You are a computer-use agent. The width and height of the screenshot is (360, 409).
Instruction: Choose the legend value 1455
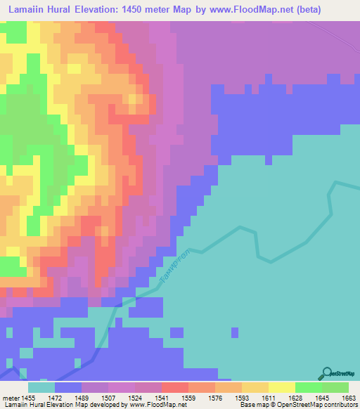coord(28,398)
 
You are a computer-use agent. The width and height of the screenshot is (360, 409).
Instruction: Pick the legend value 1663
coord(348,398)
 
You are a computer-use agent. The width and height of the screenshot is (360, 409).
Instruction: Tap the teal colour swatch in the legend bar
coord(41,387)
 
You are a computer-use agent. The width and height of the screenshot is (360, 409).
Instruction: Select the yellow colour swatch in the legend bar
coord(282,387)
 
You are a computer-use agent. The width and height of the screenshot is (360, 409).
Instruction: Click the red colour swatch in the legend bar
coord(175,387)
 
